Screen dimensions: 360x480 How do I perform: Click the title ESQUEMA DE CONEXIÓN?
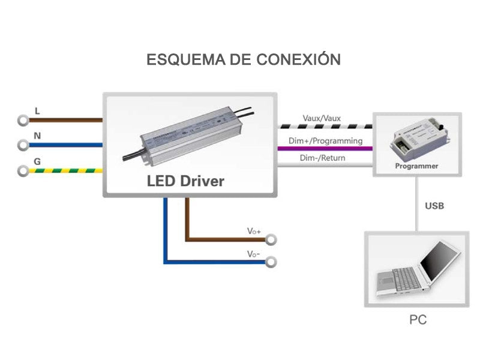point(244,60)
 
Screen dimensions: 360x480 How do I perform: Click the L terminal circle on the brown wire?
point(23,120)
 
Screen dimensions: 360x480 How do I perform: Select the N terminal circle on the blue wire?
point(23,145)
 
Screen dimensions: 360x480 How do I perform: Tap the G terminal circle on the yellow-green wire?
point(23,170)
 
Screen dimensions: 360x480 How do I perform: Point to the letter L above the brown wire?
point(37,111)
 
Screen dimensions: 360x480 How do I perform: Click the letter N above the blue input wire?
point(37,136)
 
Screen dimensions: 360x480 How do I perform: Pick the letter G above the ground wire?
point(37,161)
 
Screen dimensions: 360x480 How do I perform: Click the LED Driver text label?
point(185,181)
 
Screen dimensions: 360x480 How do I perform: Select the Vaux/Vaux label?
point(322,118)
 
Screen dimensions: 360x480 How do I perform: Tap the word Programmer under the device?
point(416,166)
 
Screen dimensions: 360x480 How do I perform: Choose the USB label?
point(434,206)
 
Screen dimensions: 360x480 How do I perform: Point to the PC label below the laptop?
point(418,320)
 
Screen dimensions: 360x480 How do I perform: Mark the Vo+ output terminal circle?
point(271,240)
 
